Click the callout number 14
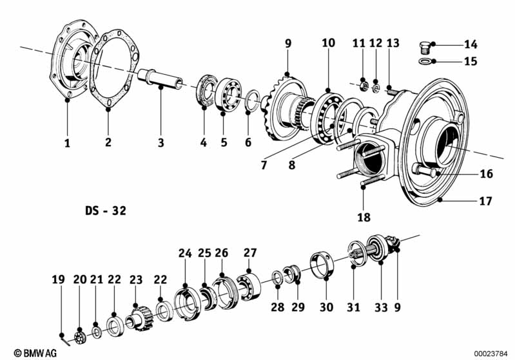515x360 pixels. [x=471, y=44]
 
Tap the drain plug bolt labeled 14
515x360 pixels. [x=425, y=48]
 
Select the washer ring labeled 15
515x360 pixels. [x=425, y=61]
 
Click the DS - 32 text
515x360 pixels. [x=106, y=211]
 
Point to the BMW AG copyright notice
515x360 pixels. [x=35, y=353]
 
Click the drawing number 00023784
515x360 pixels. [x=491, y=354]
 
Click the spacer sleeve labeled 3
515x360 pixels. [x=160, y=79]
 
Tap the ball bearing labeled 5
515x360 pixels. [x=229, y=93]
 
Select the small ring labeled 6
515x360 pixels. [x=253, y=100]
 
